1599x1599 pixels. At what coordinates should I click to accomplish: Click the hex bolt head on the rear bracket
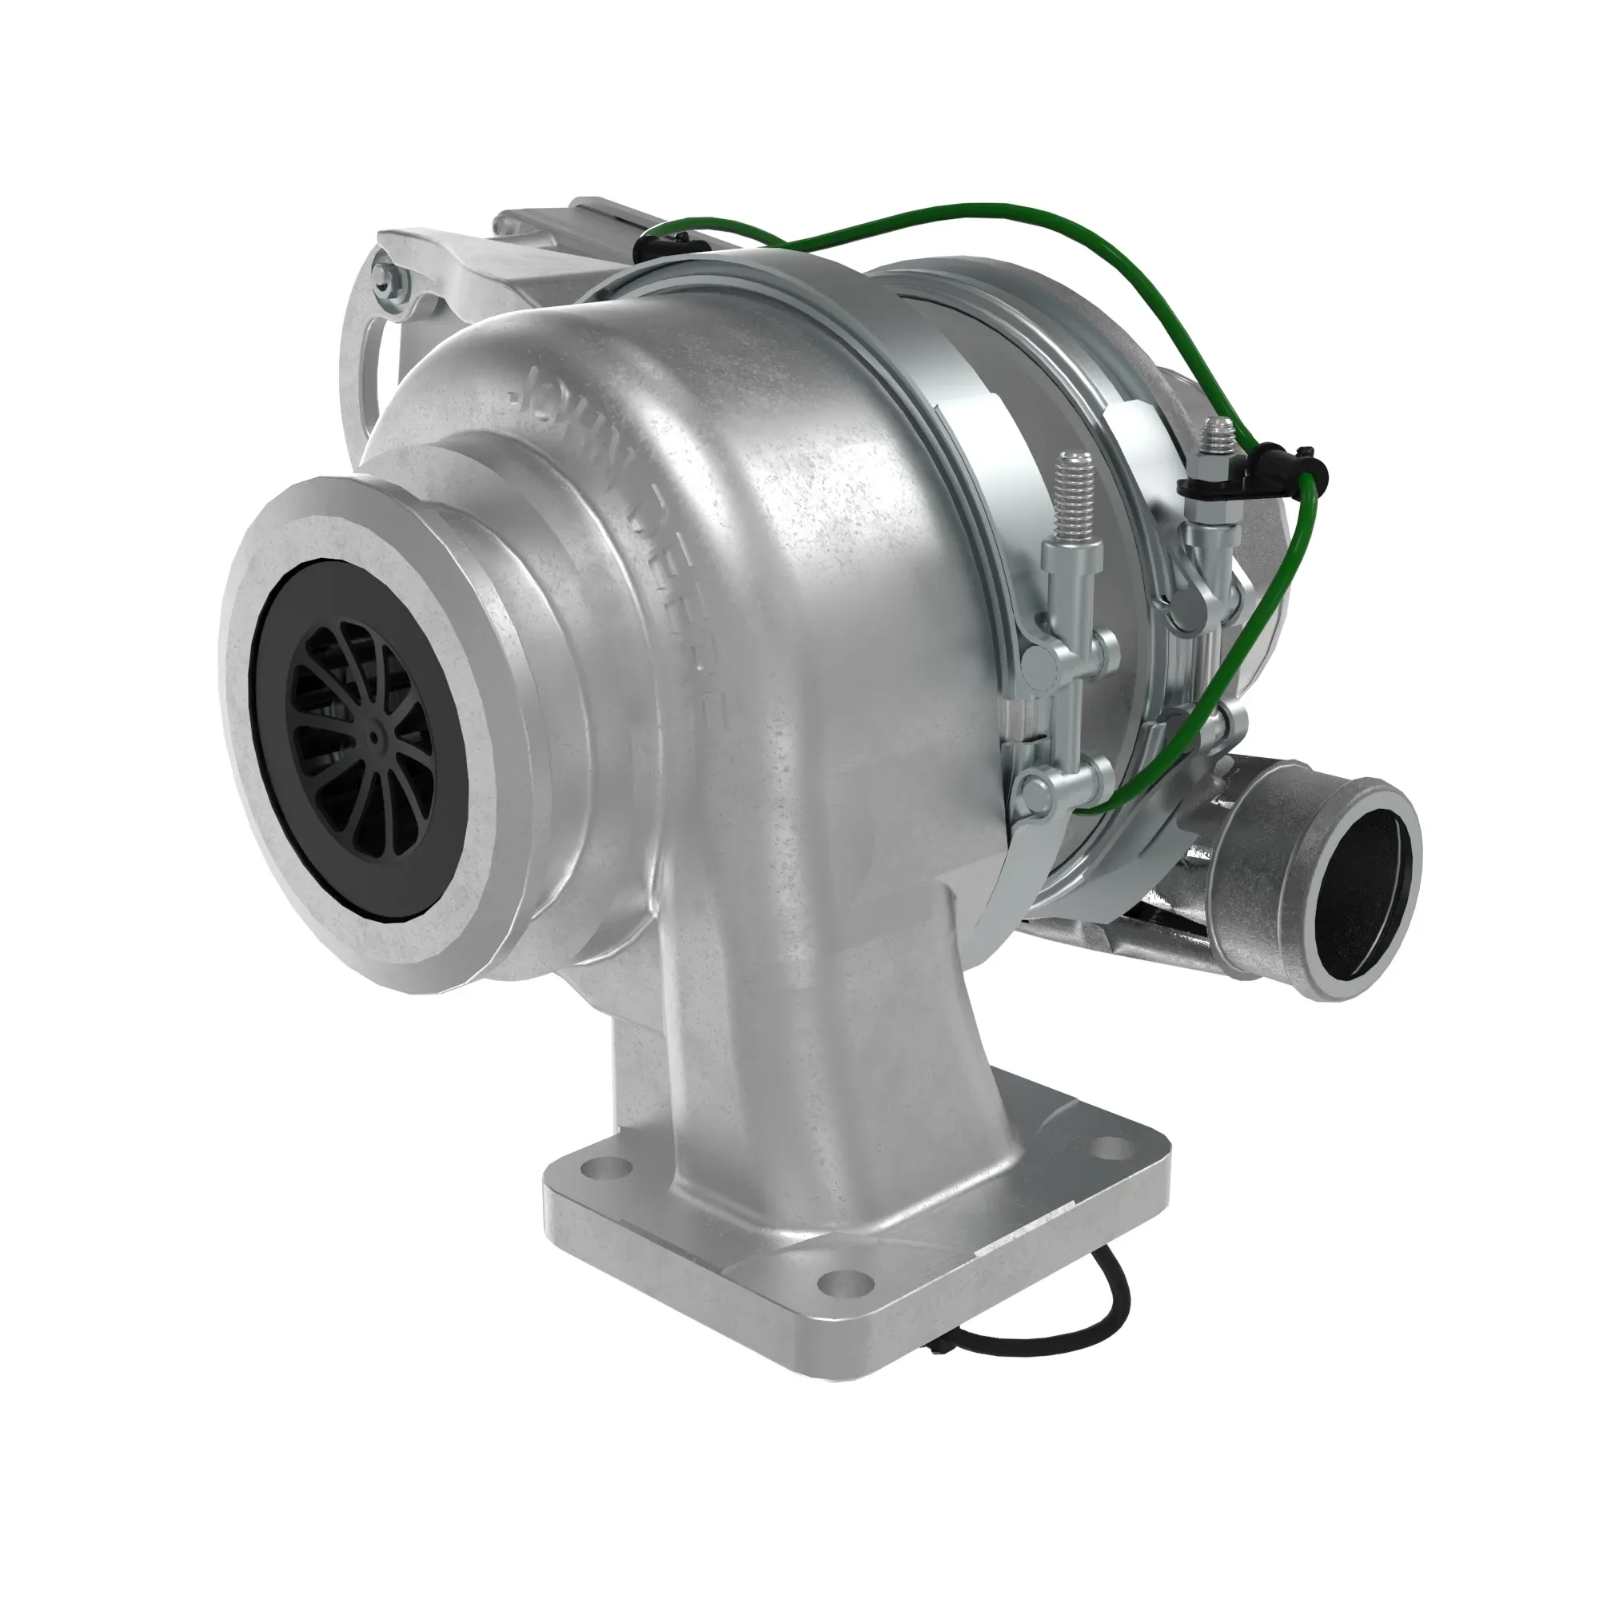tap(383, 280)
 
